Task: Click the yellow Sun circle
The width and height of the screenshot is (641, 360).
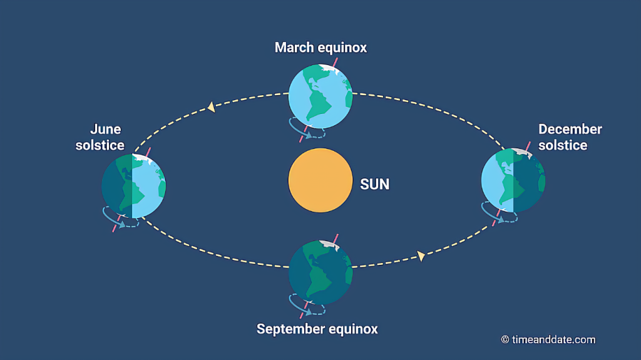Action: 319,180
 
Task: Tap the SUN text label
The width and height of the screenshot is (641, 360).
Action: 374,184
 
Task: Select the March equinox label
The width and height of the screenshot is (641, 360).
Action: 320,48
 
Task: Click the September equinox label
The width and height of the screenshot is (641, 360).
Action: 317,329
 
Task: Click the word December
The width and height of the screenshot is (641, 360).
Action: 570,130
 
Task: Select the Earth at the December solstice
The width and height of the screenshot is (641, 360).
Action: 513,181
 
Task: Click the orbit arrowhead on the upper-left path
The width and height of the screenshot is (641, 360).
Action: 212,108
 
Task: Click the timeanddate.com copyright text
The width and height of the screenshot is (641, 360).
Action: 548,339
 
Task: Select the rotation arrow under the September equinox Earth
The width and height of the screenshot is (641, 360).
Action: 306,307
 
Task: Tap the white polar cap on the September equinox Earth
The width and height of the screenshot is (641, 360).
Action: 330,244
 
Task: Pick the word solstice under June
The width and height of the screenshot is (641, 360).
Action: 100,145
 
